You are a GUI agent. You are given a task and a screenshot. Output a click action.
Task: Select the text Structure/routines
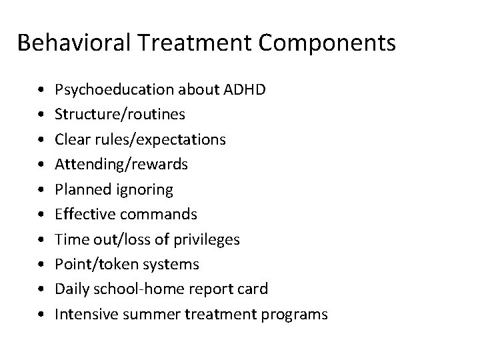tap(120, 114)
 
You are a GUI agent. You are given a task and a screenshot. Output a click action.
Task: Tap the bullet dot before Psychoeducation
tap(42, 89)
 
